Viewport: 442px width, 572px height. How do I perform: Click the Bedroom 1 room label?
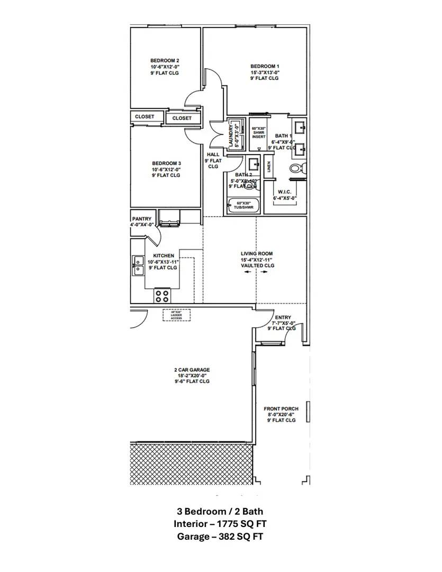point(265,67)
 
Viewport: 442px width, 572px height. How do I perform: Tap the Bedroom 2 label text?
point(164,61)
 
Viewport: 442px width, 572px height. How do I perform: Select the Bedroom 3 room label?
point(166,163)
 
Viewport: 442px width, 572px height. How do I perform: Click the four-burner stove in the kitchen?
point(163,296)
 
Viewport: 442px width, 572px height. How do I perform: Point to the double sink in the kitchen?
point(138,265)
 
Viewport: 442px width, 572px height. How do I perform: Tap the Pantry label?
point(142,219)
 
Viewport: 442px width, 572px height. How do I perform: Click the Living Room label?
point(257,254)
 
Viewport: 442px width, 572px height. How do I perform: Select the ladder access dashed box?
point(176,315)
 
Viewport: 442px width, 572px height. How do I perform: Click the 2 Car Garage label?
point(192,370)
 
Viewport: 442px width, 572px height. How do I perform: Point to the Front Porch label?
point(281,409)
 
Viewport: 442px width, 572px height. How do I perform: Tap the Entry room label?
point(283,318)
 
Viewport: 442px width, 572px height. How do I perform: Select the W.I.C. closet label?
point(285,192)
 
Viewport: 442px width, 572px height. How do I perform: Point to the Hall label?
point(213,155)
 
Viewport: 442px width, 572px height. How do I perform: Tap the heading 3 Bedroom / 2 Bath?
point(220,512)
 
